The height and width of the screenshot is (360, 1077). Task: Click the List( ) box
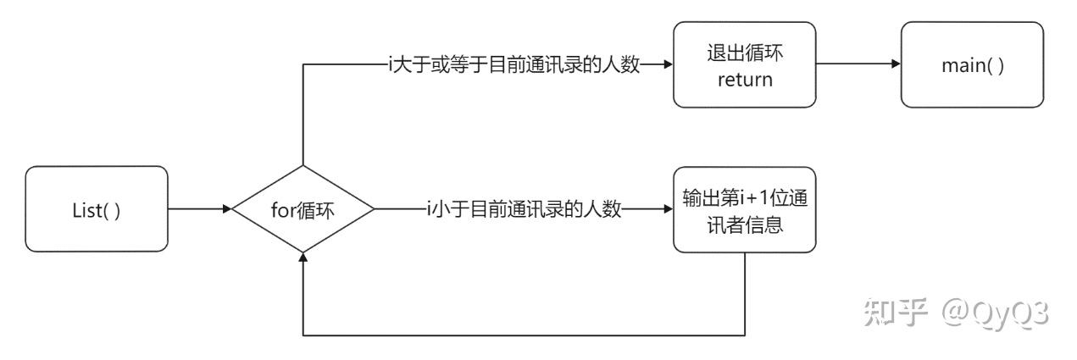point(96,208)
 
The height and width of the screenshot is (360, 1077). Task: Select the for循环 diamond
point(303,208)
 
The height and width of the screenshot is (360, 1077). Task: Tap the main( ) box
point(971,64)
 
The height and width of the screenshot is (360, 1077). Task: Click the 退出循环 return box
point(745,64)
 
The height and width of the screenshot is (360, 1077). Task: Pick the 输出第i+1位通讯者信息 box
point(745,208)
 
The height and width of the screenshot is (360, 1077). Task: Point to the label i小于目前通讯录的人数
point(525,208)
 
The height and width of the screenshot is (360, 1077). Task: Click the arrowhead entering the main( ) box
point(896,64)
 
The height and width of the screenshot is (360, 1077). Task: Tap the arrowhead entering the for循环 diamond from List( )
point(227,208)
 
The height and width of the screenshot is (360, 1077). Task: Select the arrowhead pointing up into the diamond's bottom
point(303,256)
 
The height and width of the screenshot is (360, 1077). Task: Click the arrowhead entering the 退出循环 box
point(668,64)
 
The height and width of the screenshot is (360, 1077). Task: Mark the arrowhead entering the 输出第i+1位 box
point(668,208)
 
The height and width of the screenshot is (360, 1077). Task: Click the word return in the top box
point(745,80)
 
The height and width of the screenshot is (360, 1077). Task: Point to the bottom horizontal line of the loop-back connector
point(525,335)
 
